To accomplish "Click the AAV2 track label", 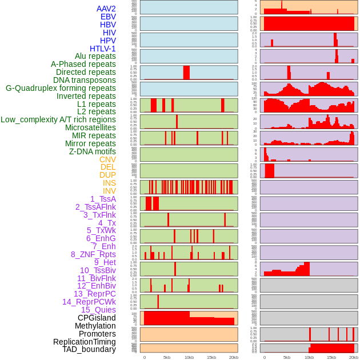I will pos(106,9).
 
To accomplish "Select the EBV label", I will pos(108,17).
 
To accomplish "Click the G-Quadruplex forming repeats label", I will pos(61,88).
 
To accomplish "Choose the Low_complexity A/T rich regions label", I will pos(58,119).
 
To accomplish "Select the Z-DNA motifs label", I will pos(92,151).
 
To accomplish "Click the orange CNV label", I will pos(107,159).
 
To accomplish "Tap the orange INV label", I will pos(109,191).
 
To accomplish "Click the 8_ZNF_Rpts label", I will pos(93,254).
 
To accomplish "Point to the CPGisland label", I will pos(97,318).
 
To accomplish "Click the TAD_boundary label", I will pos(89,349).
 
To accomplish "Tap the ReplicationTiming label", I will pos(84,342).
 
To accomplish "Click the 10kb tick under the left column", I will pos(189,357).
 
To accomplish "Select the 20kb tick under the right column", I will pos(354,357).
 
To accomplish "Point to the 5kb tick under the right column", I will pos(287,357).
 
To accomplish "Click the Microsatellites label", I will pos(90,127).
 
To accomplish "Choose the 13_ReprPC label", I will pos(94,294).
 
